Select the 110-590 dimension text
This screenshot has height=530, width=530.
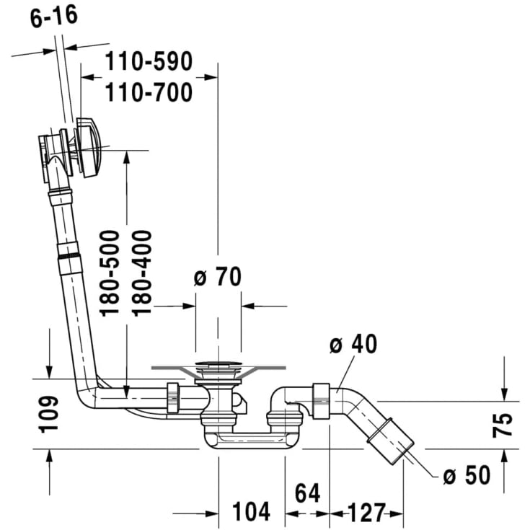pos(149,61)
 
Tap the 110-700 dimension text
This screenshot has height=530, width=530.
pos(149,92)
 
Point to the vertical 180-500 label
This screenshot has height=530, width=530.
pos(110,273)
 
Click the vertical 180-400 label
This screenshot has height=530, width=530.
pos(141,273)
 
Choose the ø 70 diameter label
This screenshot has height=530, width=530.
pos(218,277)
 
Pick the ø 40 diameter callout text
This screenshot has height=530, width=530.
pos(353,344)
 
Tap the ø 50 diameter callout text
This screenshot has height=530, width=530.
pos(467,475)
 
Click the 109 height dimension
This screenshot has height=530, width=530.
pos(48,415)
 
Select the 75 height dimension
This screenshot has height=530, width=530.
pos(503,425)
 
